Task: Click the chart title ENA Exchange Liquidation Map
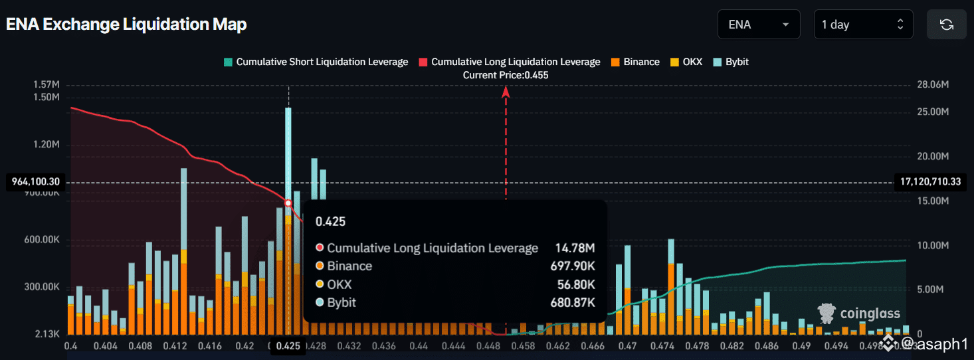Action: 126,25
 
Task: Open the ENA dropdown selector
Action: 759,25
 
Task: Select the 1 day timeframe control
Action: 863,25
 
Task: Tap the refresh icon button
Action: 947,25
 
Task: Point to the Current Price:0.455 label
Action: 506,75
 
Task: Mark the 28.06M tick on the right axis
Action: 928,84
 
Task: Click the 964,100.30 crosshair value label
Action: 36,181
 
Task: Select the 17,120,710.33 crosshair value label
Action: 930,181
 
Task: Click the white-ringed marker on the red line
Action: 288,203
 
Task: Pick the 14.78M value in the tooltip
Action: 575,248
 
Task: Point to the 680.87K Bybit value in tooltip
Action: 575,303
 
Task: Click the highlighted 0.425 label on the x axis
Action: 288,346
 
